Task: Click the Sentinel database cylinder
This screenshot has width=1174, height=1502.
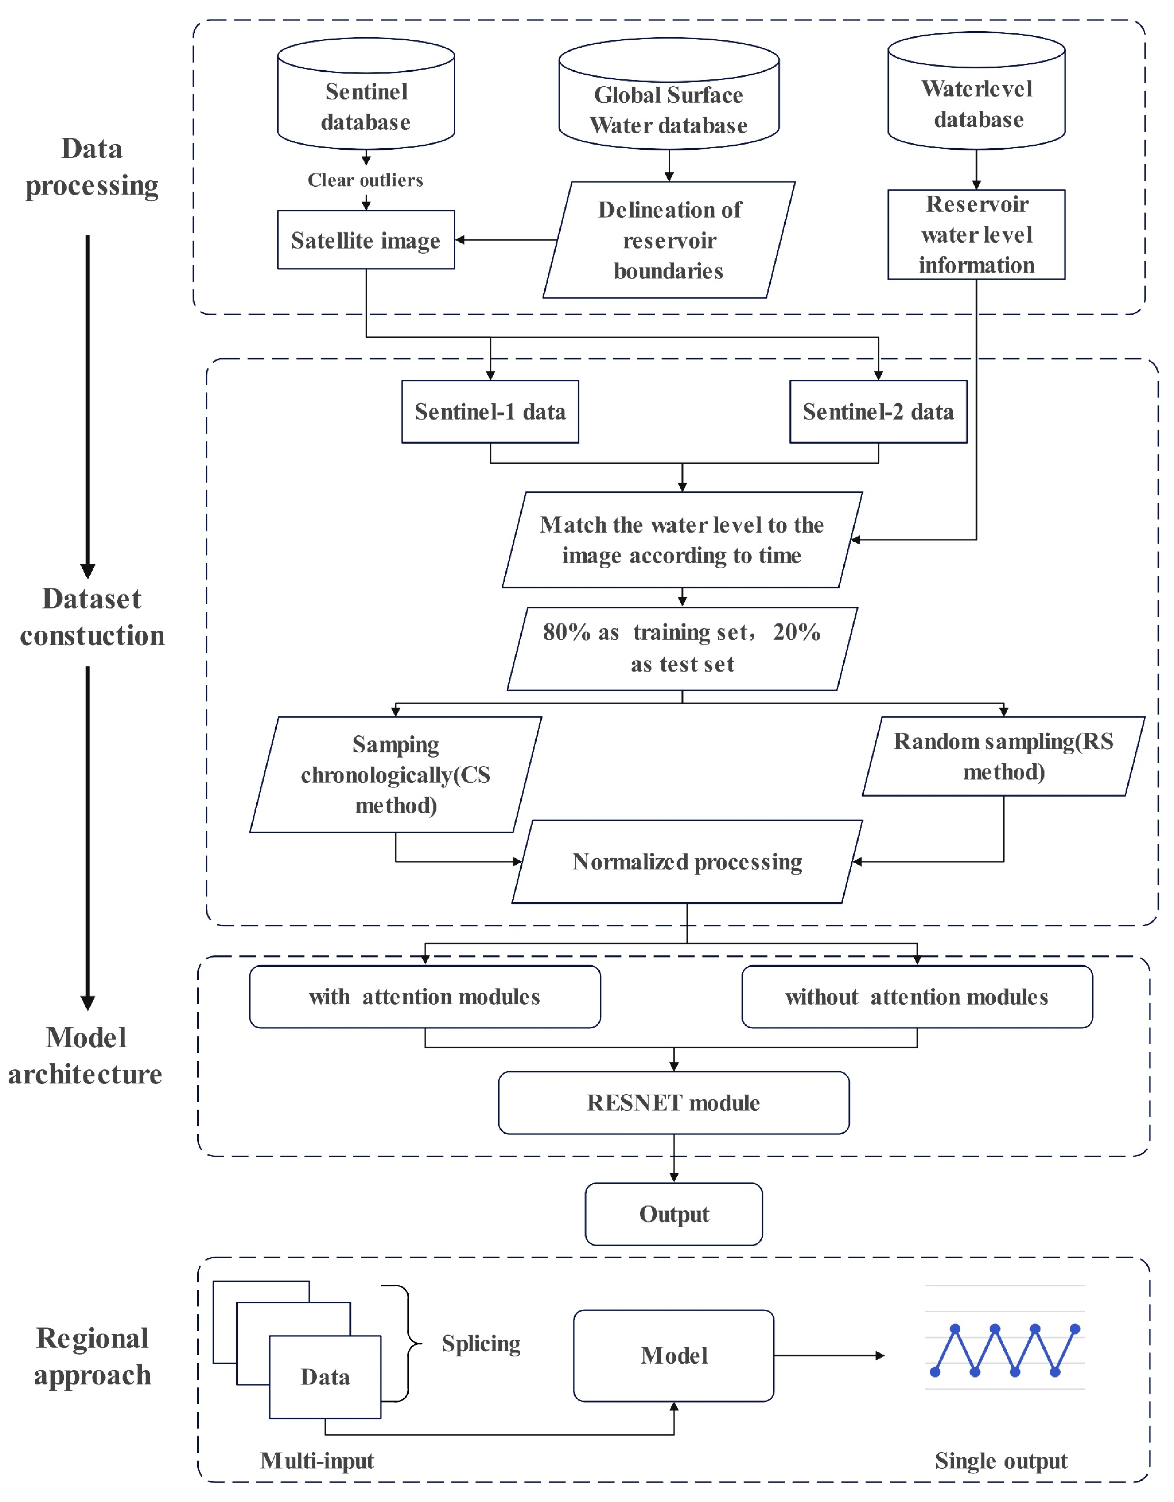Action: (x=366, y=96)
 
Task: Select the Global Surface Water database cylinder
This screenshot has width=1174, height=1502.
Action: (x=669, y=96)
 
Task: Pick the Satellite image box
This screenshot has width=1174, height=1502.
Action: (x=366, y=240)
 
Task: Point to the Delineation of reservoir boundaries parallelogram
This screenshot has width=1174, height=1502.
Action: (x=669, y=240)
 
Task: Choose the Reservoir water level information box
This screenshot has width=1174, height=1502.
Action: (x=977, y=235)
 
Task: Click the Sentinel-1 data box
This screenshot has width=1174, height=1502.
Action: (x=490, y=411)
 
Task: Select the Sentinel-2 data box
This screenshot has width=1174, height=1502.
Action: (x=878, y=411)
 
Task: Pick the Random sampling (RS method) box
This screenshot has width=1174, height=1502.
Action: (x=1003, y=757)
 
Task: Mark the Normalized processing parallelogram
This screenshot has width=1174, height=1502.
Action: (x=687, y=862)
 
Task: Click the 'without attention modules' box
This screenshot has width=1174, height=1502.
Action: (x=917, y=997)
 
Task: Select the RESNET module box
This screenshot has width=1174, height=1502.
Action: (x=673, y=1102)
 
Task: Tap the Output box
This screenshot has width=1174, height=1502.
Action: (x=673, y=1214)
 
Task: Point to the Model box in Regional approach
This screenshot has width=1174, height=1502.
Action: (x=673, y=1355)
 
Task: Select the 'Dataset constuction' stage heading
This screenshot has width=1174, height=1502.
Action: (x=92, y=617)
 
